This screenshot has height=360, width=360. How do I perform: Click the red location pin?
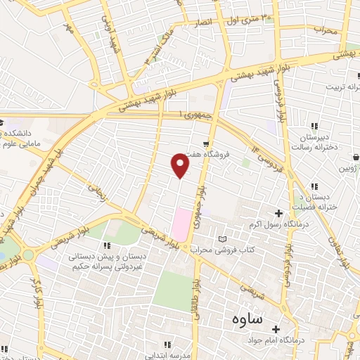(x=181, y=166)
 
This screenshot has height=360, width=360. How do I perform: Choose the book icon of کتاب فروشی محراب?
(x=224, y=239)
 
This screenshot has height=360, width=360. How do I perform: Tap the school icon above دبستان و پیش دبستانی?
(x=106, y=245)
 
